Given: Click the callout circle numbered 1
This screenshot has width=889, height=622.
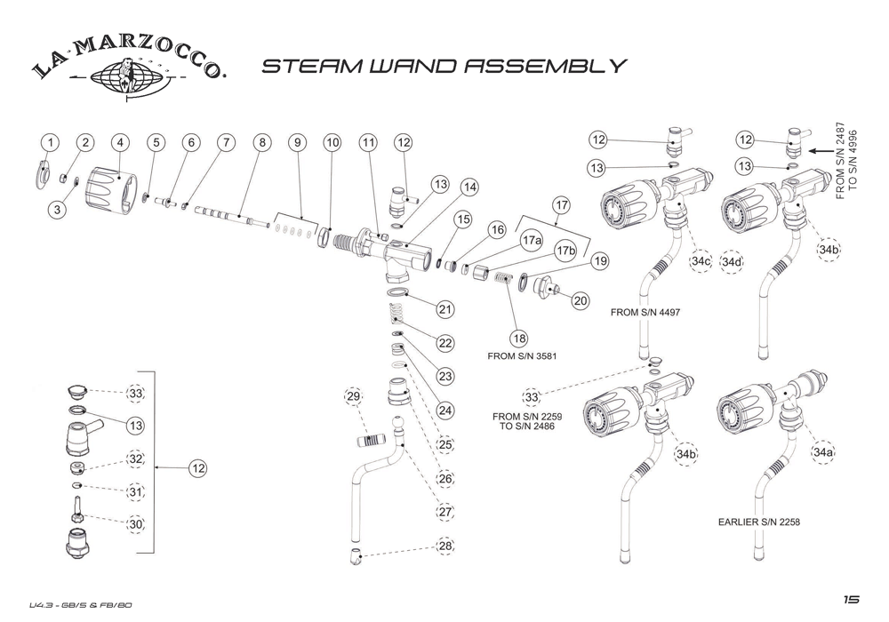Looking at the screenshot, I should [51, 143].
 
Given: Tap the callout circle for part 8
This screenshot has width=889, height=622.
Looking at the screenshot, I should [260, 143].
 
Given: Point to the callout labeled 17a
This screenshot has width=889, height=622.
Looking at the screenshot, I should [532, 241].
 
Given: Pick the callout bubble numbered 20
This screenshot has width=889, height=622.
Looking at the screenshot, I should [581, 301].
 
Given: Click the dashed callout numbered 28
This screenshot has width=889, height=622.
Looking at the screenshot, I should [444, 546].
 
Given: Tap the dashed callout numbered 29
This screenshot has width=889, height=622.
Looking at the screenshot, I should [354, 396].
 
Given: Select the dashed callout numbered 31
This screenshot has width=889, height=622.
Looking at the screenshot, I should [135, 491].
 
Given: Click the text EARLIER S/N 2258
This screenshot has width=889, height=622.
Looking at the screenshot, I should [758, 522].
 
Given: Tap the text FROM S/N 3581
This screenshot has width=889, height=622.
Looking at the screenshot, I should [529, 355].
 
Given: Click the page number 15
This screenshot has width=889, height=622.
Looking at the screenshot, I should [852, 601].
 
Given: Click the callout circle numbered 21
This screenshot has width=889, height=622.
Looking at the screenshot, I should [444, 310].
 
